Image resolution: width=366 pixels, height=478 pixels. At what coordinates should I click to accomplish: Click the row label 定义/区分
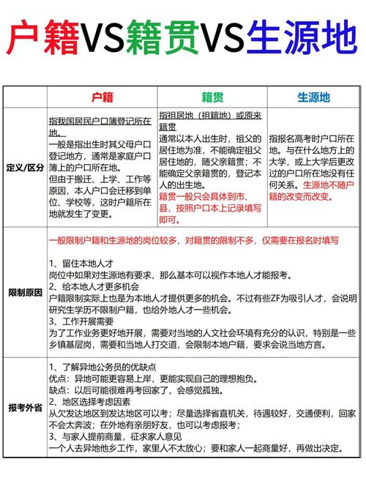(x=25, y=166)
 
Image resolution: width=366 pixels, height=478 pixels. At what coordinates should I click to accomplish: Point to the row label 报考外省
(x=25, y=408)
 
